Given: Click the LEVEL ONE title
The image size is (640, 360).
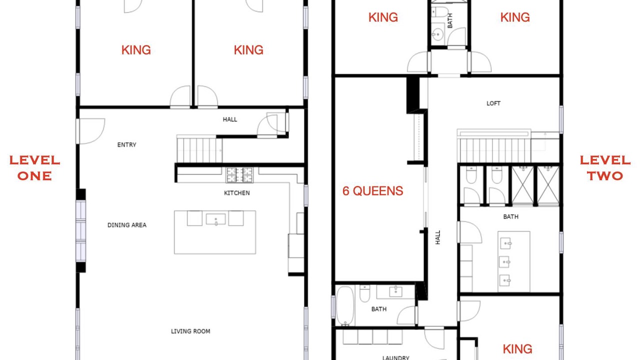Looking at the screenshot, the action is click(35, 168).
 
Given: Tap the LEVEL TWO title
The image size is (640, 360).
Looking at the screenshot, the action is click(605, 168).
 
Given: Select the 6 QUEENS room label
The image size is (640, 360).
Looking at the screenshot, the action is click(373, 191).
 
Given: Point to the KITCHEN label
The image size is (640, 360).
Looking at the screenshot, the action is click(237, 193).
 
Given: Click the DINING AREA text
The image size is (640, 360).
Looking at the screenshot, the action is click(127, 225).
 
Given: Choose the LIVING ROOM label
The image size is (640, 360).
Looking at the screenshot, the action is click(190, 331).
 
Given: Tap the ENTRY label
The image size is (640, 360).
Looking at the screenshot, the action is click(126, 145).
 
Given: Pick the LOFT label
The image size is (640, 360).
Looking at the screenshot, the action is click(493, 103).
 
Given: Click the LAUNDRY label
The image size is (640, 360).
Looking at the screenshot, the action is click(395, 357).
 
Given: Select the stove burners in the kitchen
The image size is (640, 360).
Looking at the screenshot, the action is click(239, 175).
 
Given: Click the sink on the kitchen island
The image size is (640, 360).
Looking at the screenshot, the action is click(215, 219).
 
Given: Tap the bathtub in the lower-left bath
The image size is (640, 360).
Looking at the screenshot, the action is click(345, 306).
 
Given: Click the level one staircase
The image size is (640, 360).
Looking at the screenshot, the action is click(199, 149).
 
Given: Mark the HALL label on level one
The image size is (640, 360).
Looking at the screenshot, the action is click(230, 119).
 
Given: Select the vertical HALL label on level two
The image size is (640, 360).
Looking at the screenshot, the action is click(437, 237).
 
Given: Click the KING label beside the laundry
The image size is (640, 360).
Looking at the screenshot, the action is click(517, 349).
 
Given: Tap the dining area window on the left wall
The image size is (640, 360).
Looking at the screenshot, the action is click(81, 231).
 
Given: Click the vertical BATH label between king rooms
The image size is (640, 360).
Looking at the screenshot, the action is click(449, 20).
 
